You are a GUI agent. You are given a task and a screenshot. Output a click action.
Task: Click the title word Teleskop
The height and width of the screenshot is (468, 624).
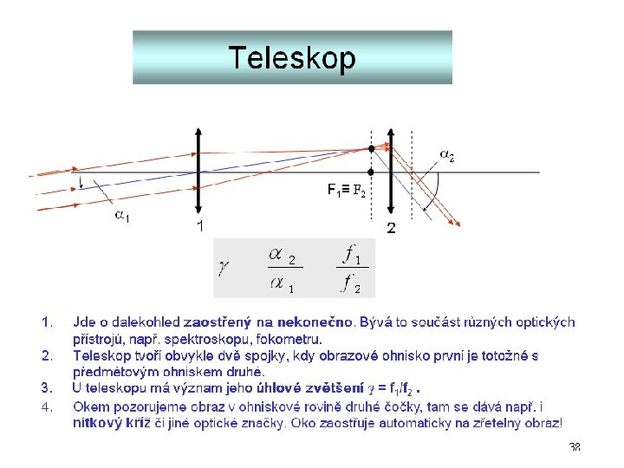[292, 58]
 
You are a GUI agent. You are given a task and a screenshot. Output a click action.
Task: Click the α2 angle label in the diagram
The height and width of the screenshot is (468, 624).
[447, 156]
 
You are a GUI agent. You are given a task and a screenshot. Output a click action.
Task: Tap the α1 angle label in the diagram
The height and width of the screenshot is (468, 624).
[123, 217]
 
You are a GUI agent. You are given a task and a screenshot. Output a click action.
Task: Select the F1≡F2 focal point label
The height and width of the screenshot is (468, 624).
[346, 189]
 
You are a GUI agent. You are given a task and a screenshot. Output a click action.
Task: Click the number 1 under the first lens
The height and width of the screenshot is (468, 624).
[199, 227]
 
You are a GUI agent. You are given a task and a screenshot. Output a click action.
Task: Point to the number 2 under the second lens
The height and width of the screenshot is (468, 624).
[391, 229]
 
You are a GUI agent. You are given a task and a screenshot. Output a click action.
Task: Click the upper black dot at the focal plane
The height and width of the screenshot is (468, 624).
[371, 149]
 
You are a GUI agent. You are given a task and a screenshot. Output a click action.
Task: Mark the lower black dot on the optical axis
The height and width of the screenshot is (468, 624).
[371, 172]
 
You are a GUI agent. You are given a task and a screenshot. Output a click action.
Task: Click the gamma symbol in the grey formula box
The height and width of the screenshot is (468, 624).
[224, 268]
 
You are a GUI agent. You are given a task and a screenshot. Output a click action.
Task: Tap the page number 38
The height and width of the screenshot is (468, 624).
[574, 447]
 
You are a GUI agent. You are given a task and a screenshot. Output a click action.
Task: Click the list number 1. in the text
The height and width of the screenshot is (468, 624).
[49, 322]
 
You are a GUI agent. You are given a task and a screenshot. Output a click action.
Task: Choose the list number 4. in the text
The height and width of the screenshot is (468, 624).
[49, 406]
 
